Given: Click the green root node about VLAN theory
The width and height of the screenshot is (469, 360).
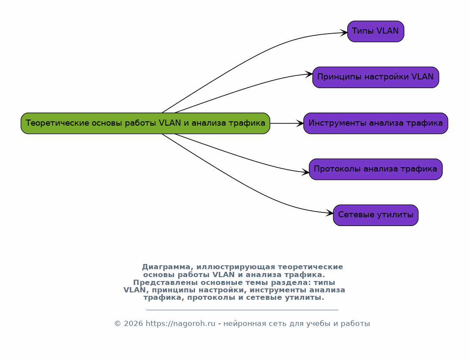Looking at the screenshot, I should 145,123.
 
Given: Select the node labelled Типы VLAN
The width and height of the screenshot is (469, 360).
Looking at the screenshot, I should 376,31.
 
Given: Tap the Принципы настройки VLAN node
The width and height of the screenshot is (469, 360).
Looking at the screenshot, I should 376,77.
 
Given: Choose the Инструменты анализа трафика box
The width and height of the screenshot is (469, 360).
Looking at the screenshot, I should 376,123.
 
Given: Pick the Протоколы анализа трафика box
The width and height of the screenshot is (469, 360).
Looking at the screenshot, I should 376,169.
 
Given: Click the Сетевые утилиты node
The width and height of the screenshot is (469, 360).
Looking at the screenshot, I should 376,215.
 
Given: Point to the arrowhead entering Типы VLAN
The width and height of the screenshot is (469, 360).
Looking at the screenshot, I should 344,33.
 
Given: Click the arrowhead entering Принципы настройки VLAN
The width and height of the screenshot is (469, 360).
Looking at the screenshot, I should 309,74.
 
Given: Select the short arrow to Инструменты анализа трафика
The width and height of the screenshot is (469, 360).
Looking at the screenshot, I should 287,123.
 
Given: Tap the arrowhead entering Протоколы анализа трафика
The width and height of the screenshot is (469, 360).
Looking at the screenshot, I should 306,172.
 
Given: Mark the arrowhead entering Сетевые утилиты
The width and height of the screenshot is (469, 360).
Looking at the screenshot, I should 330,213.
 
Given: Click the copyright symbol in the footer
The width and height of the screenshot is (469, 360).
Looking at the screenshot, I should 117,324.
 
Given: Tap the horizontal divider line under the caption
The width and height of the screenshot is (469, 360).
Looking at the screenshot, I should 242,309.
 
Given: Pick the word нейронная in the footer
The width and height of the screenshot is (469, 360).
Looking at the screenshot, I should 243,324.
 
